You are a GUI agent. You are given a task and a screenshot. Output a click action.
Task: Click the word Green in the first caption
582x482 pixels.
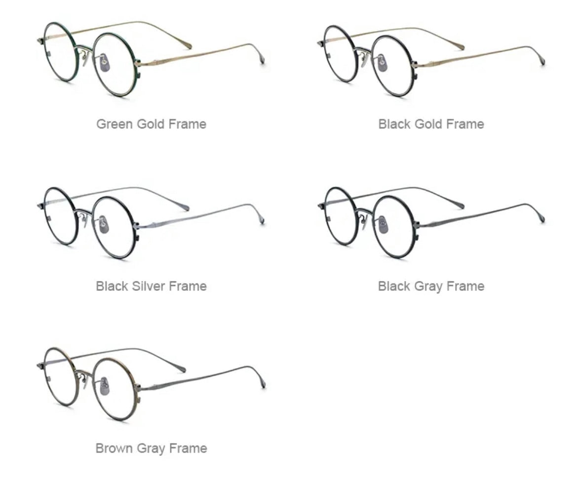(115, 123)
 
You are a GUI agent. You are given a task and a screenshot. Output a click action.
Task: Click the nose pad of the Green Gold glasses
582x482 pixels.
(104, 60)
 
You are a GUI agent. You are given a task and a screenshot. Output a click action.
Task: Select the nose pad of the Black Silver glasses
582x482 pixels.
(104, 225)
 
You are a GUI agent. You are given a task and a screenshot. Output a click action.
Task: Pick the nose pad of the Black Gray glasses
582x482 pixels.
(384, 225)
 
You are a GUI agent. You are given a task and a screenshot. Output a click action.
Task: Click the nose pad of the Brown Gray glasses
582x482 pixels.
(105, 386)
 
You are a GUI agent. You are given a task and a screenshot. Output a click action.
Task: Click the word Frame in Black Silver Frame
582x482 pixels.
(188, 286)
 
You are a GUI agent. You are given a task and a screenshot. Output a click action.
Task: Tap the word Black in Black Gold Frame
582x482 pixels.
(394, 123)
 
